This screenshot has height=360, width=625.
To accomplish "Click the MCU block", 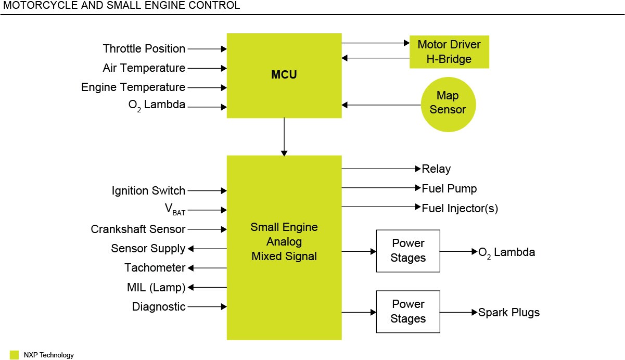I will coord(284,75).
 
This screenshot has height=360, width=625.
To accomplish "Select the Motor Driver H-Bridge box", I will coord(449,52).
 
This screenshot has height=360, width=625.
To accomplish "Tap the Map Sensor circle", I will coord(448,103).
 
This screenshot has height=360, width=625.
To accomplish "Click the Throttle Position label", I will coord(144,49).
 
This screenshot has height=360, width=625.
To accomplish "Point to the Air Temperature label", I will coord(144,68).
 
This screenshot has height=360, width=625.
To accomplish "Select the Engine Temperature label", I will coord(133,87).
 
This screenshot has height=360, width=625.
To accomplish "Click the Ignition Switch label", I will coord(148,191).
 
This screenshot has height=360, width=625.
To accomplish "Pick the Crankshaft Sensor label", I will coord(138,229).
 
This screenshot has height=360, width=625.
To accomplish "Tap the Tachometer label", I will coord(155,268).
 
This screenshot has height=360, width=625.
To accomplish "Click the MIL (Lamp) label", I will coord(156,288).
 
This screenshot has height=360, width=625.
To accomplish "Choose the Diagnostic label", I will coord(159,307).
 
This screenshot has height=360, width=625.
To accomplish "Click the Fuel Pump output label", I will coord(449,188).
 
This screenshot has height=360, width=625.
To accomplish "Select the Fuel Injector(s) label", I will coord(460,209).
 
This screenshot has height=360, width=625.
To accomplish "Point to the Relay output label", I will coord(436,169).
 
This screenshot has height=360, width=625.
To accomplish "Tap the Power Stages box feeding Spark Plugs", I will coord(408,312).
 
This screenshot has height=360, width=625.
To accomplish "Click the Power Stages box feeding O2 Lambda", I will coord(408,251).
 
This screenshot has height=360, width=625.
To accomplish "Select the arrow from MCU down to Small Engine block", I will coord(284,136).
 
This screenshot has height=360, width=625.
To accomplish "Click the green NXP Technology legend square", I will coord(15,355).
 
